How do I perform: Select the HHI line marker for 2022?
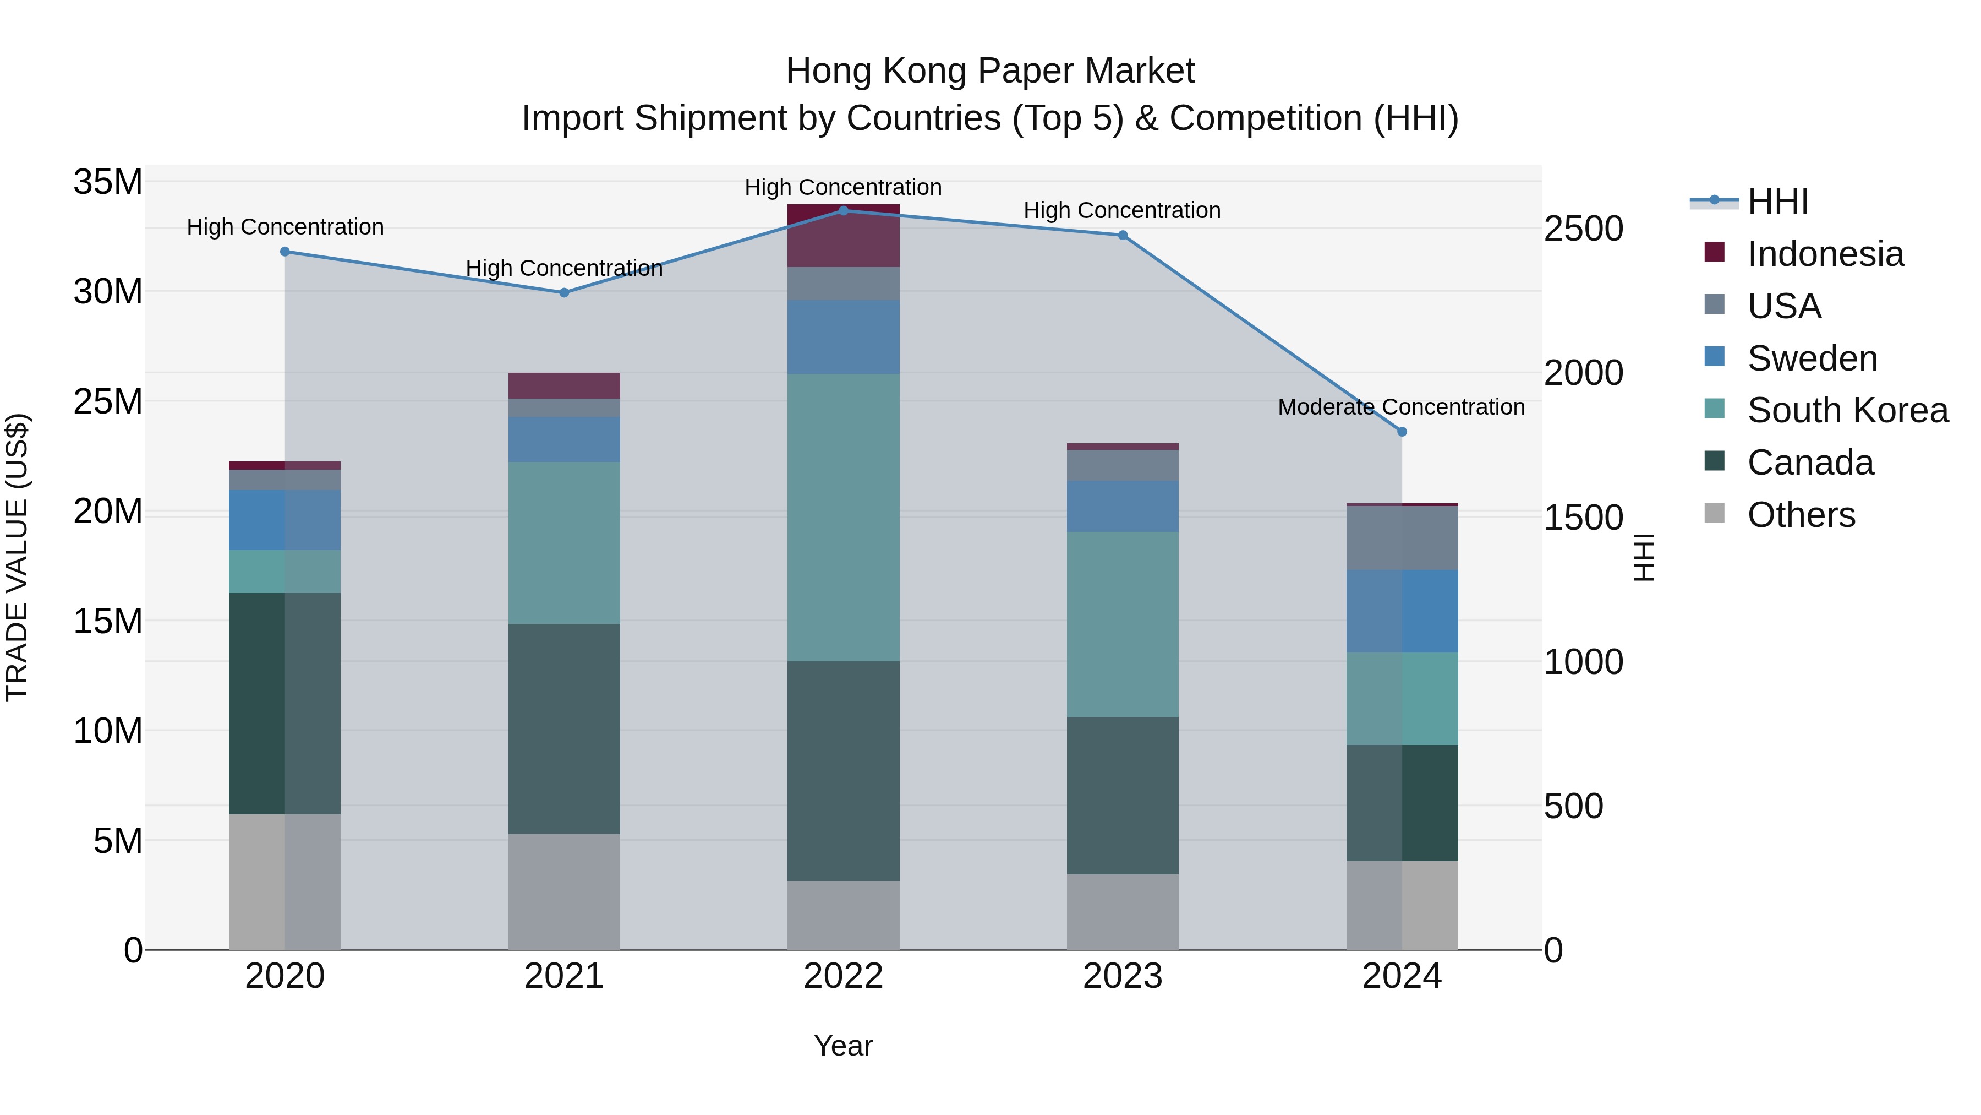pos(843,210)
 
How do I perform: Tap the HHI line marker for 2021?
pos(563,292)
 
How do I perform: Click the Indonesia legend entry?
pos(1825,254)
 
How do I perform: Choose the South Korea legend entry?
pos(1847,410)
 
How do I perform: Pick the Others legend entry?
pos(1801,515)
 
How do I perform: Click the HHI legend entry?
pos(1777,202)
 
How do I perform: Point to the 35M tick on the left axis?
pos(108,182)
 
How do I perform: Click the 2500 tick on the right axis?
pos(1583,229)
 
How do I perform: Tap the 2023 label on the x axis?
pos(1122,976)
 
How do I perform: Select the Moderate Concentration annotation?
pos(1400,407)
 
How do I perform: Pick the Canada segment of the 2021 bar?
pos(563,728)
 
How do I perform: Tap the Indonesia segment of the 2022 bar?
pos(843,236)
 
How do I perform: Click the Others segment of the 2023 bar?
pos(1122,911)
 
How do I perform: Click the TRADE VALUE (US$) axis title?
pos(17,557)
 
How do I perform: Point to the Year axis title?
pos(843,1046)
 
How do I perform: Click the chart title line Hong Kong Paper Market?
pos(990,71)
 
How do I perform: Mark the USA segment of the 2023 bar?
pos(1122,465)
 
